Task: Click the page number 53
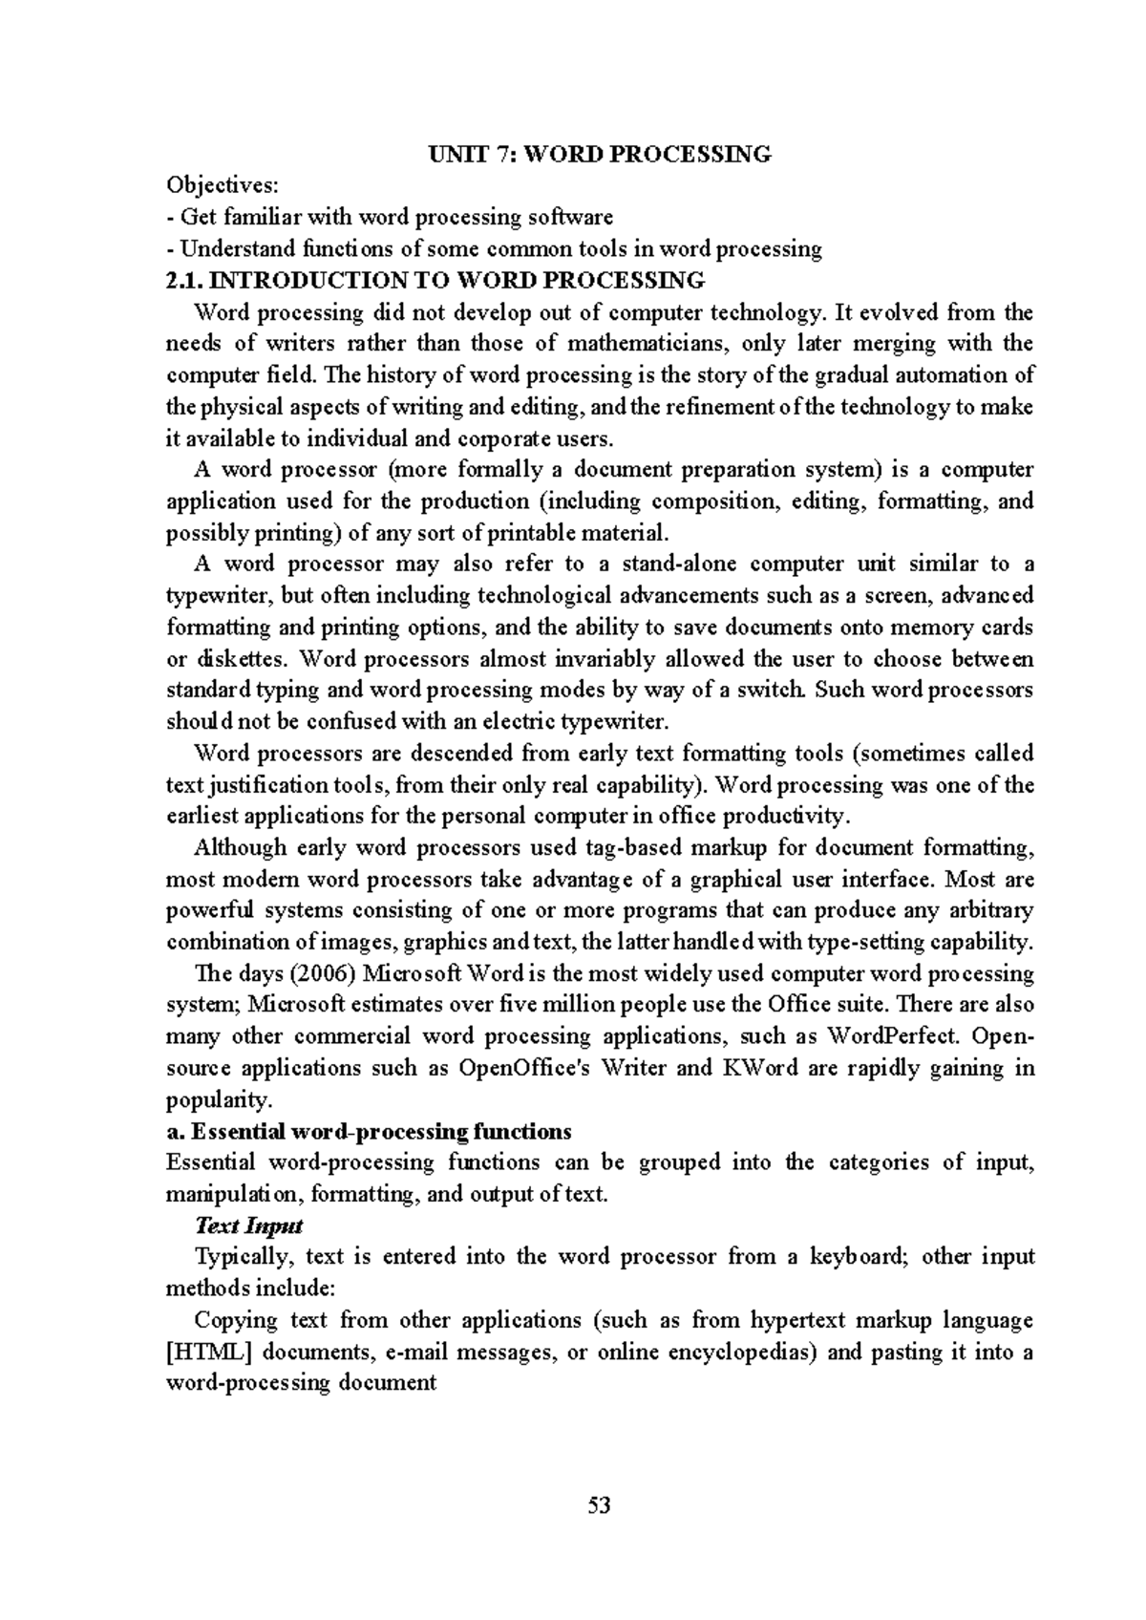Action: point(599,1506)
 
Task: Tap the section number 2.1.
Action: point(184,281)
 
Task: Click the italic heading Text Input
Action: point(249,1226)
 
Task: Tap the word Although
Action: point(240,848)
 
